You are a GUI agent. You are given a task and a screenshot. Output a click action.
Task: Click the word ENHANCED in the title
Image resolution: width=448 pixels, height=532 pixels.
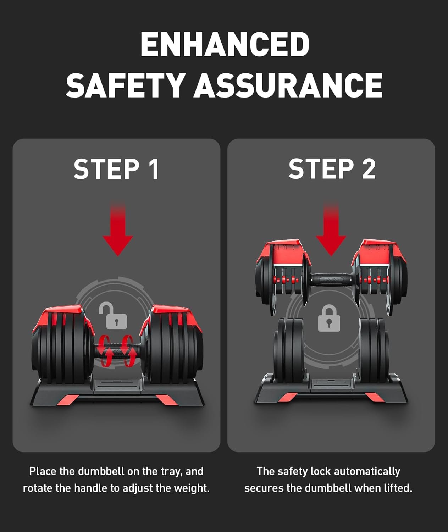pyautogui.click(x=225, y=44)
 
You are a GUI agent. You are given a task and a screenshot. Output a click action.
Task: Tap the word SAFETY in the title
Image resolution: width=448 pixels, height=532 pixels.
pyautogui.click(x=125, y=85)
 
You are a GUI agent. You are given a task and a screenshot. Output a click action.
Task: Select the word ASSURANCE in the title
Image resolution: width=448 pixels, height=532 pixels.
pyautogui.click(x=288, y=85)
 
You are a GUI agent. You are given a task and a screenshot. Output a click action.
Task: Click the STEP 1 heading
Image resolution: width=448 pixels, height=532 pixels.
pyautogui.click(x=116, y=169)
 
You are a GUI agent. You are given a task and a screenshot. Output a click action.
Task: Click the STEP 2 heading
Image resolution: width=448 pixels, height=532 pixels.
pyautogui.click(x=332, y=169)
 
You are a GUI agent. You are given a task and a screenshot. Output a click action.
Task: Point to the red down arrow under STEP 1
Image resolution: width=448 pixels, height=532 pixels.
pyautogui.click(x=118, y=229)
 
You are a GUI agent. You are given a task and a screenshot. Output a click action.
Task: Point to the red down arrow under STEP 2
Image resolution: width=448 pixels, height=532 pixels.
pyautogui.click(x=331, y=229)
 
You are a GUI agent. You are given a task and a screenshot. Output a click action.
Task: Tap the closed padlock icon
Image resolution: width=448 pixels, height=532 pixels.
pyautogui.click(x=329, y=318)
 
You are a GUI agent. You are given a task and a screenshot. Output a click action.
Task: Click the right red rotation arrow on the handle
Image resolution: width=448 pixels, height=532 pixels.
pyautogui.click(x=128, y=351)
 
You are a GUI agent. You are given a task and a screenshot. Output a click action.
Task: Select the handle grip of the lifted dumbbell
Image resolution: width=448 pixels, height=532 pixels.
pyautogui.click(x=332, y=279)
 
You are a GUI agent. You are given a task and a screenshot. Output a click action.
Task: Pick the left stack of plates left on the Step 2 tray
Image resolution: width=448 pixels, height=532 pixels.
pyautogui.click(x=288, y=350)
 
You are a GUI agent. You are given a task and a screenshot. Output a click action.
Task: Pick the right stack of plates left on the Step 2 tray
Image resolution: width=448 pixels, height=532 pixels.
pyautogui.click(x=374, y=350)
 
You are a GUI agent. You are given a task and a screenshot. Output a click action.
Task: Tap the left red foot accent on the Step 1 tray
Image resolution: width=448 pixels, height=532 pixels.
pyautogui.click(x=68, y=399)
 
